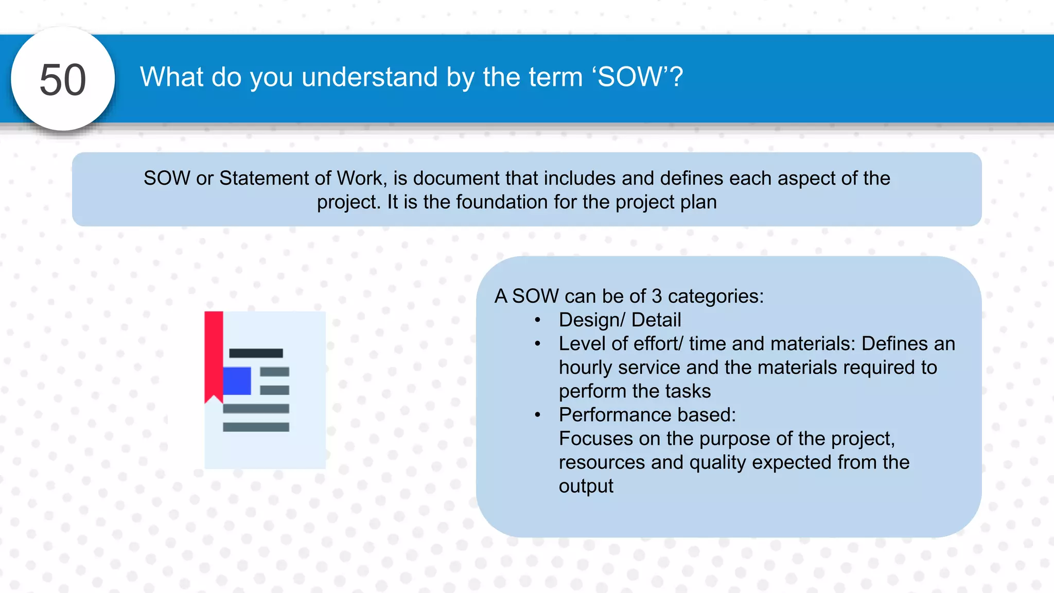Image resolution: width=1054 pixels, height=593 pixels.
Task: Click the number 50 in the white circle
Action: pos(63,80)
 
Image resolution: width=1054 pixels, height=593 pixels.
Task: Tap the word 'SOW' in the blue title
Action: pos(629,77)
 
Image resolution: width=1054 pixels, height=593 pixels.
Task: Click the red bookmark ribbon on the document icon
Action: pos(214,355)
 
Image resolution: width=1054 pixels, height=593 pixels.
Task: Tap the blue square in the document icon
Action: pos(237,381)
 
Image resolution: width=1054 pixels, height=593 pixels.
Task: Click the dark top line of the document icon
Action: pos(256,353)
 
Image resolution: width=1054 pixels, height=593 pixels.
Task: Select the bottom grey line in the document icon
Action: pos(256,427)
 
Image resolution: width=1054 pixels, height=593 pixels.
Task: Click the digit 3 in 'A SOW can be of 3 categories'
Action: pos(657,296)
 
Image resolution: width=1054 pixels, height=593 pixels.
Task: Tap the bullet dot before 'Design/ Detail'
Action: pos(537,320)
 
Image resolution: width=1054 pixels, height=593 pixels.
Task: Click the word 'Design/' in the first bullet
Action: pos(591,320)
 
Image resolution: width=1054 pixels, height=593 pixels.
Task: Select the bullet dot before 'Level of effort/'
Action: pos(537,344)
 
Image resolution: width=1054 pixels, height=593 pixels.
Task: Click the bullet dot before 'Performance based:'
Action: pos(537,415)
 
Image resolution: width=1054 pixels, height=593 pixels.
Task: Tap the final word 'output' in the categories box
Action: pos(586,486)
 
